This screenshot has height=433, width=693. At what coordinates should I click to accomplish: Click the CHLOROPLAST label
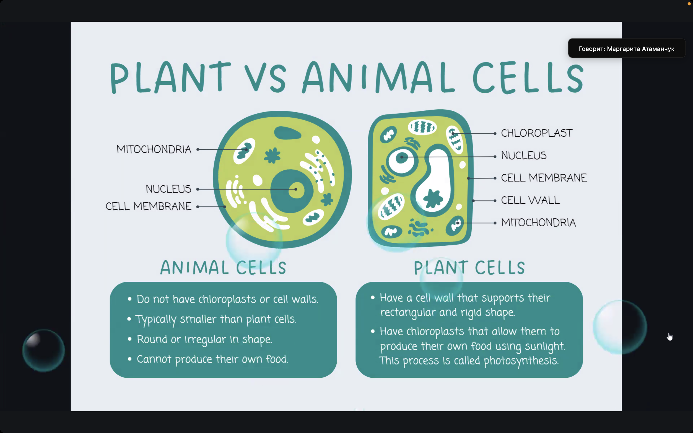click(537, 133)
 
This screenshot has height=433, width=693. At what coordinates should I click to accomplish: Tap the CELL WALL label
click(530, 200)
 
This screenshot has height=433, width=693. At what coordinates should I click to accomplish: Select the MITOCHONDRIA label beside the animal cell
click(154, 149)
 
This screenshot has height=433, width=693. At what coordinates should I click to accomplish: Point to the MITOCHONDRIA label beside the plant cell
click(538, 223)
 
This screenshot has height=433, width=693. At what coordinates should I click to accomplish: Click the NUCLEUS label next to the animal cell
click(168, 189)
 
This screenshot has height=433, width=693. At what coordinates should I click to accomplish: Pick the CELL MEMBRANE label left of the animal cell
click(148, 206)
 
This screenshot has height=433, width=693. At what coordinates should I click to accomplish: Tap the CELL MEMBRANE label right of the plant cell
click(544, 178)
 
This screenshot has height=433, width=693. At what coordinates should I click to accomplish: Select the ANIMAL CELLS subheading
click(223, 267)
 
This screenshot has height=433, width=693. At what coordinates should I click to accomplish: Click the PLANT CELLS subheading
click(469, 267)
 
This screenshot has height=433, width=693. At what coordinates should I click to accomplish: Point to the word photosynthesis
click(521, 361)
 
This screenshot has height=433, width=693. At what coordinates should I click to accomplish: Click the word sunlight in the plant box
click(545, 346)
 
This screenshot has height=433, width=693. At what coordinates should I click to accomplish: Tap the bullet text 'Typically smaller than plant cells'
click(216, 319)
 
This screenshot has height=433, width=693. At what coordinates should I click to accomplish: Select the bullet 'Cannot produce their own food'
click(212, 359)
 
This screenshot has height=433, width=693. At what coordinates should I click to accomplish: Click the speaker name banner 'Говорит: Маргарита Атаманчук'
click(627, 48)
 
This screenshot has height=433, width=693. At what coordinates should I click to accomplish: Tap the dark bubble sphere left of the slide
click(44, 350)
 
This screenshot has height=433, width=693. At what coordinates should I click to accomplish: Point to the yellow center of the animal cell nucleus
click(296, 189)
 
